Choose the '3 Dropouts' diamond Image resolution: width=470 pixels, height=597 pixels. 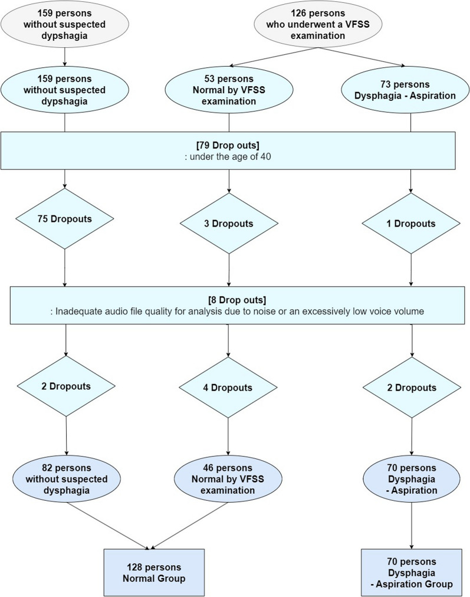point(228,224)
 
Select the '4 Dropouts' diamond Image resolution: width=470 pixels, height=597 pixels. point(228,388)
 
